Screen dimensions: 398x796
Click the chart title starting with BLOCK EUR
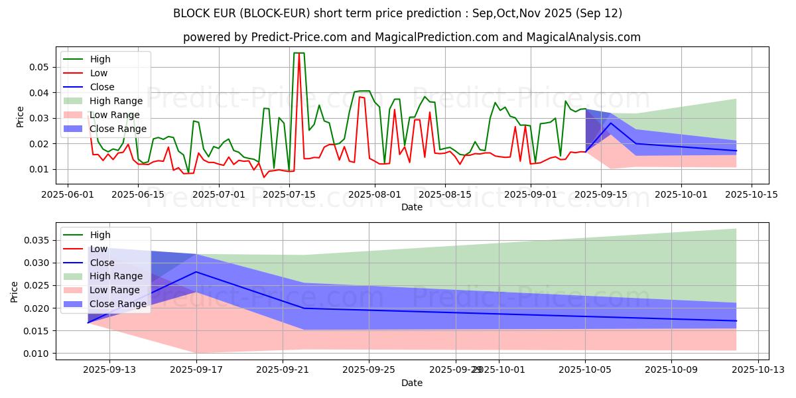(x=398, y=13)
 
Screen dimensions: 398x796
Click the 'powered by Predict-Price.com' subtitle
(x=411, y=37)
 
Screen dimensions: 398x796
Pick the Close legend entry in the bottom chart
(x=101, y=263)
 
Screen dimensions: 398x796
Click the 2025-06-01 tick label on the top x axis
(x=68, y=194)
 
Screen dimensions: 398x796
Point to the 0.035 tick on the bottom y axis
(x=37, y=240)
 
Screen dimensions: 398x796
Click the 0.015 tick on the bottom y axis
(x=37, y=331)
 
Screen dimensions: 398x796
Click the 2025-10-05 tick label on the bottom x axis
(x=585, y=369)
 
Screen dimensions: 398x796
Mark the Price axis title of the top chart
(x=20, y=116)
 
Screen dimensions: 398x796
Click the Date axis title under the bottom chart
(x=411, y=383)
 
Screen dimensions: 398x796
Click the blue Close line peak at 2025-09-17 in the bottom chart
(x=196, y=272)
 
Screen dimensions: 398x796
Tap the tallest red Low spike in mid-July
(x=298, y=54)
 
